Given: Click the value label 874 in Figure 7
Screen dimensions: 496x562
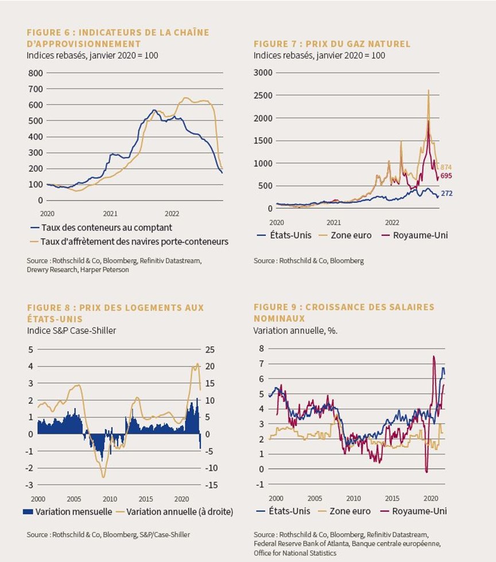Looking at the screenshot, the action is [446, 167].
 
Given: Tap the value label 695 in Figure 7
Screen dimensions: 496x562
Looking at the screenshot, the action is [446, 175].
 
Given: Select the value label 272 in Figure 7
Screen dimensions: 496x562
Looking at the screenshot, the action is [447, 193].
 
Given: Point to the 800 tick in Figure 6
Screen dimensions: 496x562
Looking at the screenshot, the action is [36, 73].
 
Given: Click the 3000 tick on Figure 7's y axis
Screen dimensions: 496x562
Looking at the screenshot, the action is [263, 72].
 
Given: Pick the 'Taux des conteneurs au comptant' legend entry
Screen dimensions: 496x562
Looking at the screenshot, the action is [102, 228].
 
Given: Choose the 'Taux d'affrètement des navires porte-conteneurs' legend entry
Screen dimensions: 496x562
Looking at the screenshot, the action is [129, 241].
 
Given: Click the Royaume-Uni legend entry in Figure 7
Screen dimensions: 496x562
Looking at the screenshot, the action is [415, 236].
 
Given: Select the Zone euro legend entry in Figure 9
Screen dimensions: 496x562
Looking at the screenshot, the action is [344, 511].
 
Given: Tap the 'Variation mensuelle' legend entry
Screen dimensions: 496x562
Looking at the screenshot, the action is [68, 512].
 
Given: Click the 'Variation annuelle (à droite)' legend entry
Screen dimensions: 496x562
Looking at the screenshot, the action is [176, 512].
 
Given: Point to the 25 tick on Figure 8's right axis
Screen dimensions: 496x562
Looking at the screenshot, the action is [210, 349].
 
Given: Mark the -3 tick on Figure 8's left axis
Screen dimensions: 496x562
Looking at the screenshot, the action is [29, 485].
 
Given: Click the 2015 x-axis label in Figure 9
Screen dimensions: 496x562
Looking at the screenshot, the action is [392, 498].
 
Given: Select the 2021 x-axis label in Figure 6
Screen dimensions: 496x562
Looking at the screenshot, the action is [110, 213].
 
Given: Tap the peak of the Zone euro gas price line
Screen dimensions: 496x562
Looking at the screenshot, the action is [428, 91].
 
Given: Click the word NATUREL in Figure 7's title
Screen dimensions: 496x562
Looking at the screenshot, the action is [392, 44].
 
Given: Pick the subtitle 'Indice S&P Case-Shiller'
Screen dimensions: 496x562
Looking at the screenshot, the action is [71, 330].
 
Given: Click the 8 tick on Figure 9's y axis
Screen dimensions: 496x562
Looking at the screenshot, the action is [261, 349].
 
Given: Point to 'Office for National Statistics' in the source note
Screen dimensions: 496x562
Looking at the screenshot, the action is [295, 553].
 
